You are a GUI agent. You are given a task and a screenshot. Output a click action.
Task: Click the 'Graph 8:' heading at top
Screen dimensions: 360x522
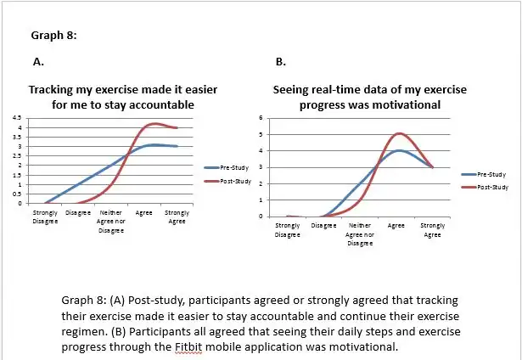[x=54, y=36]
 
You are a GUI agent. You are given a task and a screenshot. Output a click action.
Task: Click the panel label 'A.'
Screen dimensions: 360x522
[x=38, y=62]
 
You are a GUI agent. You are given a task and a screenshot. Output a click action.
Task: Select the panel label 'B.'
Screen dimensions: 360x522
[x=281, y=62]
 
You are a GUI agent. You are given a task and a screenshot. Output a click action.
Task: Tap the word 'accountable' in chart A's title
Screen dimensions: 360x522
[x=160, y=104]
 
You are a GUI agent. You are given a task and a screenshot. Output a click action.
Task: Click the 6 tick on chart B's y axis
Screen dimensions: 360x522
[x=262, y=118]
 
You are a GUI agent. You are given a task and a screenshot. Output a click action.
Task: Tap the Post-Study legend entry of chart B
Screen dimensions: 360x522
[x=491, y=186]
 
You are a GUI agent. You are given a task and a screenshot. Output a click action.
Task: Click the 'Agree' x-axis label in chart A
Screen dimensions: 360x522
[x=144, y=212]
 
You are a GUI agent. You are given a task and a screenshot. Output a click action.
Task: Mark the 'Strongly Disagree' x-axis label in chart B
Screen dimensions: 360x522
[x=287, y=229]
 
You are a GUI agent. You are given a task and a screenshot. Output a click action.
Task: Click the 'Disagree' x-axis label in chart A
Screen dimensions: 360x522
[x=78, y=212]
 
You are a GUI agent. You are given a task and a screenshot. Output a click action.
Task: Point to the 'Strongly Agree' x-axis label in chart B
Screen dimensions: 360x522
[x=432, y=229]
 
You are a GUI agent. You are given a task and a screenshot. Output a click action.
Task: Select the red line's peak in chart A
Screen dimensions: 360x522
[x=153, y=124]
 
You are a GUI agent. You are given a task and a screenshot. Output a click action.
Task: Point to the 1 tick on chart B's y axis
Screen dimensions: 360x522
[x=262, y=200]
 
